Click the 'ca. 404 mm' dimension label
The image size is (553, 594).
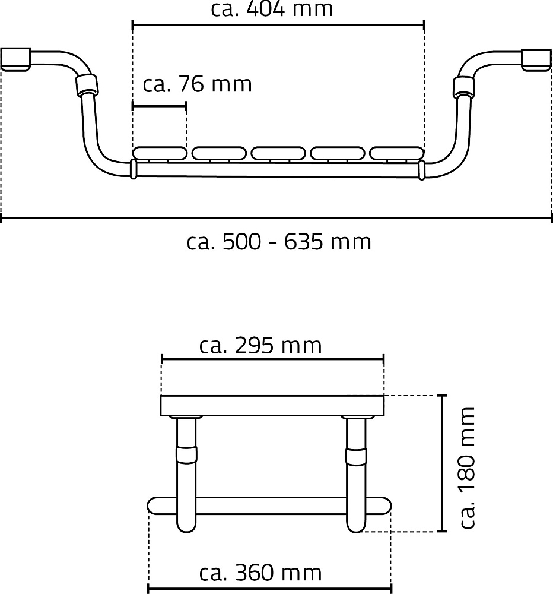[272, 9]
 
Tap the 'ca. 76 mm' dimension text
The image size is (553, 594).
[197, 84]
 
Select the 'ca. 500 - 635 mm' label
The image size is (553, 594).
[279, 242]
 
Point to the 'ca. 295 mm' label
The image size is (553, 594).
[260, 346]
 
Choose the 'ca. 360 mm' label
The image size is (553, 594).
[260, 573]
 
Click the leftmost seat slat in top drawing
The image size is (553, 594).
[160, 153]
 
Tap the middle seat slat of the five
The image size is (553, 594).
[278, 153]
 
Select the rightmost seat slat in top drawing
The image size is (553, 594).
[397, 153]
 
